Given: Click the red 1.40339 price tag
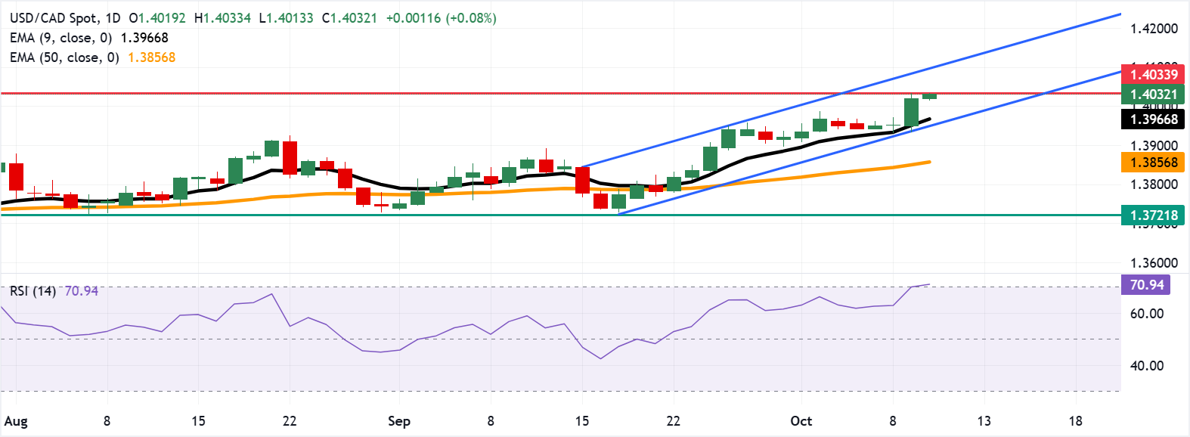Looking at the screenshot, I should click(1154, 74).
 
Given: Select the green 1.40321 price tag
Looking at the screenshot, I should click(1154, 95).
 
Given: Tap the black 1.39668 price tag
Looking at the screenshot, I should click(1154, 119).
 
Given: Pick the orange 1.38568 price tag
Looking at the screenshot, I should click(1154, 163).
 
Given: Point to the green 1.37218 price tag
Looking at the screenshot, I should click(1154, 215).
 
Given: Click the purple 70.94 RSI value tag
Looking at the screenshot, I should click(1146, 285).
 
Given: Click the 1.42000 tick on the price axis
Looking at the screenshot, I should click(1154, 29).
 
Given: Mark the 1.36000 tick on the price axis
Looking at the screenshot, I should click(1154, 263).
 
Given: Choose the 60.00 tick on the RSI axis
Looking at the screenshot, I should click(1146, 314).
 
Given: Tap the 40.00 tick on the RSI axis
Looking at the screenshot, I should click(1146, 366).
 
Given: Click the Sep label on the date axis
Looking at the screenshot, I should click(398, 421).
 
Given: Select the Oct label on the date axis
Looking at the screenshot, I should click(801, 421).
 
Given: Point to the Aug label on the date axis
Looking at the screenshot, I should click(16, 421).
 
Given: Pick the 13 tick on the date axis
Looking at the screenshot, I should click(984, 421).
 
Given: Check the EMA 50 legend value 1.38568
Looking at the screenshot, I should click(151, 57).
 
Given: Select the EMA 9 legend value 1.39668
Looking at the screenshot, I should click(144, 38).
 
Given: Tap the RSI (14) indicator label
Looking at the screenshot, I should click(33, 291).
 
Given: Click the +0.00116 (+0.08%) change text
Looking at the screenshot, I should click(441, 18).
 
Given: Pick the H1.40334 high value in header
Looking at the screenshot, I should click(222, 18).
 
